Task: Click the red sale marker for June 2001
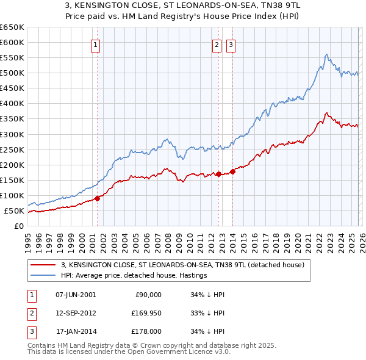coord(97,198)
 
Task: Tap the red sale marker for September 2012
coord(218,174)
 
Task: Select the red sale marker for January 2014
coord(232,171)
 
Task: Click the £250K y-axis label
coord(12,149)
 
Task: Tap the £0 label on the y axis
coord(18,226)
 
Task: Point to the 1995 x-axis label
coord(28,242)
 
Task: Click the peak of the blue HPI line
coord(327,54)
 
